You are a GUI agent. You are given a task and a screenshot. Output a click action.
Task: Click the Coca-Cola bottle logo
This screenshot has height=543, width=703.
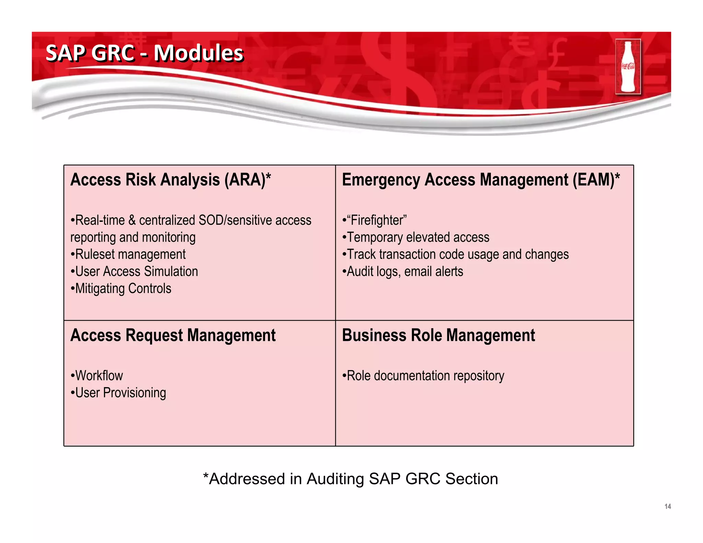click(628, 67)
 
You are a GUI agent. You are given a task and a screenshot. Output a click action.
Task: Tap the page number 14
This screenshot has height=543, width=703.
click(667, 506)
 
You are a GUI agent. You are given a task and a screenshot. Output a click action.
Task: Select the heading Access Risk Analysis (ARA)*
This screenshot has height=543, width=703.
click(171, 180)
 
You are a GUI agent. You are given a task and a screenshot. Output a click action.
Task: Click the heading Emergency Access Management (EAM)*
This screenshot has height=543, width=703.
click(481, 180)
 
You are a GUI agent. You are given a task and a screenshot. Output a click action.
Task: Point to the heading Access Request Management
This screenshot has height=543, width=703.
click(173, 335)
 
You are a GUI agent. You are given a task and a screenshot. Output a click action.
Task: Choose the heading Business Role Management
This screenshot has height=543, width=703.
click(438, 335)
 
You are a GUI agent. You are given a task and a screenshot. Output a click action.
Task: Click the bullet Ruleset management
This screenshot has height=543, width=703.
click(130, 255)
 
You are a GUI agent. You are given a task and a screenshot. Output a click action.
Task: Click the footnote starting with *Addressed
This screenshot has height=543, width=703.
click(350, 479)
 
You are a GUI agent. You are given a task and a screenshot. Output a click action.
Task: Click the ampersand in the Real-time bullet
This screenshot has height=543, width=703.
click(132, 220)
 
